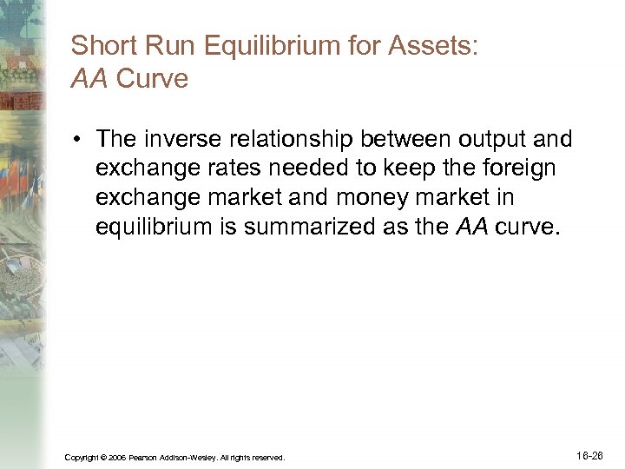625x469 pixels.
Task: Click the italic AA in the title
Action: (x=89, y=78)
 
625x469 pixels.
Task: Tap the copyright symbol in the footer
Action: (x=103, y=457)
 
